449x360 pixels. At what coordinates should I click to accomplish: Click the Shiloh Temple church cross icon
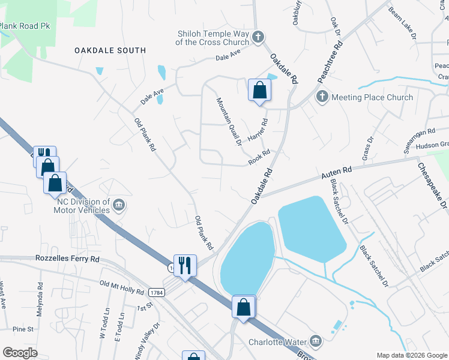258,37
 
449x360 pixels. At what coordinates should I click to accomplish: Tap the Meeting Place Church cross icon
322,97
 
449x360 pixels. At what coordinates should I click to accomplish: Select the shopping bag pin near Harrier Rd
259,91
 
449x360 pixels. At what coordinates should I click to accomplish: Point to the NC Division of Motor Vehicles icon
119,206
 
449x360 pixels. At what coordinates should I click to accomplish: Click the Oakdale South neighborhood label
110,50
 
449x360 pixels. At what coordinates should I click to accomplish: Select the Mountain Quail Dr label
229,122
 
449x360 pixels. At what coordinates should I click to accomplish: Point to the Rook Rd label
261,157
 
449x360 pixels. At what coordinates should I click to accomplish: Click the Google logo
20,353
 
